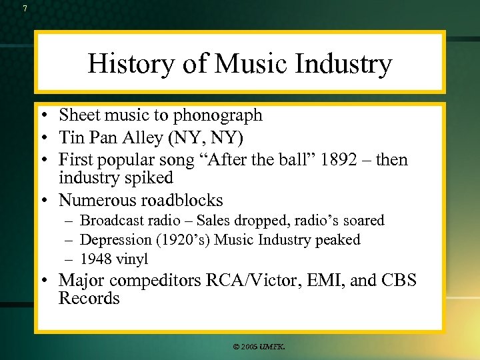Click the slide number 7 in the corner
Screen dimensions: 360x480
coord(25,9)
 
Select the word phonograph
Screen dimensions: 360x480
coord(218,115)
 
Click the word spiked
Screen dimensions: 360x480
coord(150,178)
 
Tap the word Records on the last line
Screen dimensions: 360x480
coord(89,298)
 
